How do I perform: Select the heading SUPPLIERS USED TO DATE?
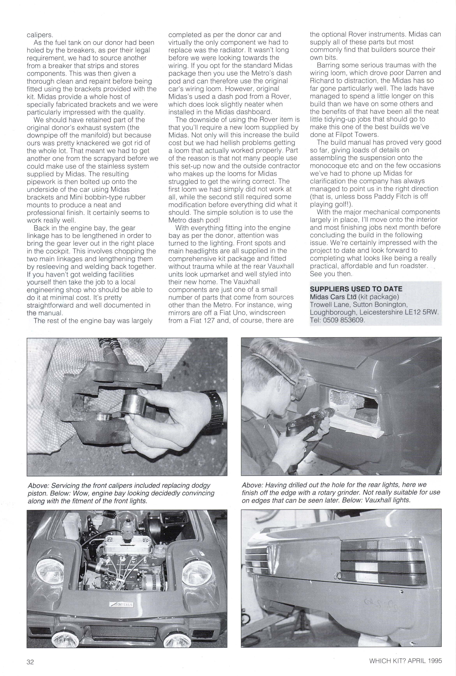pos(356,289)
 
